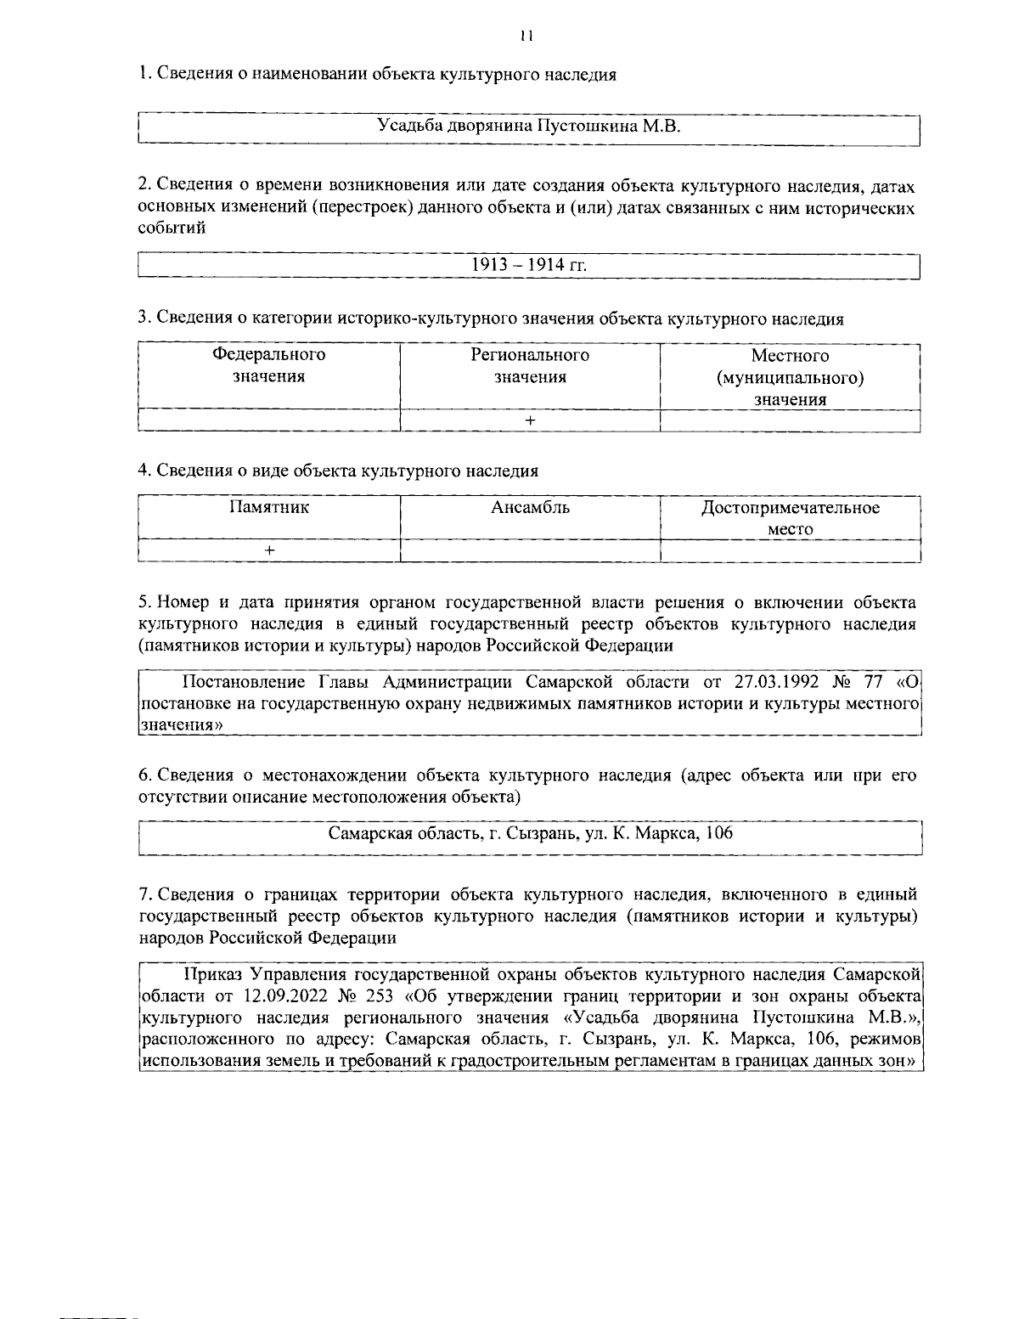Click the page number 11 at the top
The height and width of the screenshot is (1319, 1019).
526,37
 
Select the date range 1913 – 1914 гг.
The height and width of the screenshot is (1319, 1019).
529,265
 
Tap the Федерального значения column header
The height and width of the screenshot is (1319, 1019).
268,366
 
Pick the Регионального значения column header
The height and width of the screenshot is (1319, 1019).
530,366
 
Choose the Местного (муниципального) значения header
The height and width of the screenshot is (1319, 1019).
790,377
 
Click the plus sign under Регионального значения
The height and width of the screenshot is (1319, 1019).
530,420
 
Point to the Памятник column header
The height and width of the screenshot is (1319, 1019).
268,508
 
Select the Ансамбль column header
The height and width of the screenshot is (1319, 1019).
530,508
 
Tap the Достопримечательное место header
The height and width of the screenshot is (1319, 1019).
790,518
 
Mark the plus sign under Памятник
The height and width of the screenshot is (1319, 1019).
269,550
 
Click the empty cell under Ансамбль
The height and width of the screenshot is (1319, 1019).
530,551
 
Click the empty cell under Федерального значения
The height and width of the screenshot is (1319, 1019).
268,420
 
